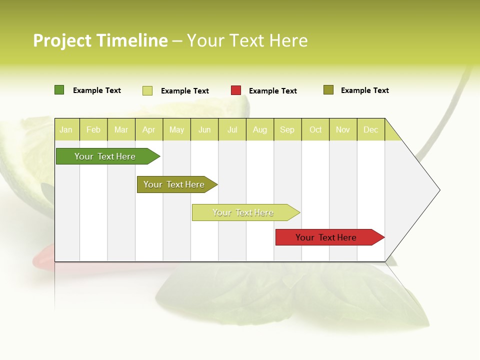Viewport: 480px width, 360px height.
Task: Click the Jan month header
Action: pos(66,130)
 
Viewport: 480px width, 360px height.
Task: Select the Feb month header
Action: pos(93,130)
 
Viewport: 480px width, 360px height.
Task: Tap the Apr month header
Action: pos(149,130)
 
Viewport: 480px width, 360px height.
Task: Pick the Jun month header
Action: pos(204,130)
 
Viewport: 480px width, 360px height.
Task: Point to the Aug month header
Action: pos(260,130)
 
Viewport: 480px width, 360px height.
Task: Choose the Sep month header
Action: pos(287,130)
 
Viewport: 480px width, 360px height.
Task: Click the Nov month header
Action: pos(343,130)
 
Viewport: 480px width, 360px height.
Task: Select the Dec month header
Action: pos(371,130)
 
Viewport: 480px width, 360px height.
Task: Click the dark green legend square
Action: pos(59,90)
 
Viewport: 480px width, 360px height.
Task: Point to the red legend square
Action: pos(236,90)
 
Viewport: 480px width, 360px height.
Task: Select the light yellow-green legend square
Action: pos(147,90)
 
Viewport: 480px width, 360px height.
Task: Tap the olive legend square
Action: pos(328,90)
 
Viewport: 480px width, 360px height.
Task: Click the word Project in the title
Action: pos(62,40)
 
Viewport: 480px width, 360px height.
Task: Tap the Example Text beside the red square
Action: pos(273,91)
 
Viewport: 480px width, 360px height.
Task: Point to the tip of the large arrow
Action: pos(439,190)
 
